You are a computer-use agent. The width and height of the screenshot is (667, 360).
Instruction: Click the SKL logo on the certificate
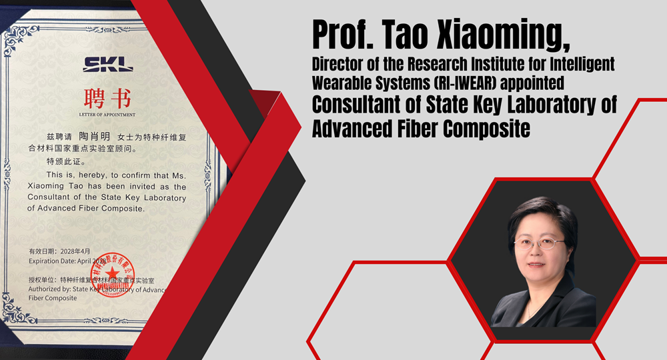pyautogui.click(x=108, y=65)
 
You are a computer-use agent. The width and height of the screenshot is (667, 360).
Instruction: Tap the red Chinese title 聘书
pyautogui.click(x=108, y=99)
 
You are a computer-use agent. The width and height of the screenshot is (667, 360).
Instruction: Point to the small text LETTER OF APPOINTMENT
pyautogui.click(x=107, y=115)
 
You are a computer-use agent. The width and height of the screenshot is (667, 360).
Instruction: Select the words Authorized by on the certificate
pyautogui.click(x=49, y=289)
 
